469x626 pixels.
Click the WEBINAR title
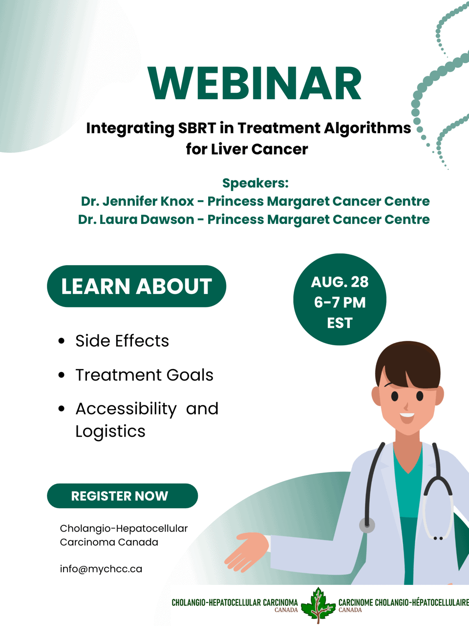pyautogui.click(x=255, y=83)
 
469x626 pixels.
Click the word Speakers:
pyautogui.click(x=256, y=183)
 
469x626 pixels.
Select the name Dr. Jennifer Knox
pyautogui.click(x=137, y=201)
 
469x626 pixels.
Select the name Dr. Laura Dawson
pyautogui.click(x=136, y=220)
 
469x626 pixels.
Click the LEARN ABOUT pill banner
pyautogui.click(x=136, y=286)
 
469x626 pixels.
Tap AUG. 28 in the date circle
pyautogui.click(x=340, y=282)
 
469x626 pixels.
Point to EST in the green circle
pyautogui.click(x=340, y=323)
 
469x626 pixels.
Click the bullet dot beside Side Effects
pyautogui.click(x=61, y=341)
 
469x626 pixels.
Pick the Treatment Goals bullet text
pyautogui.click(x=145, y=375)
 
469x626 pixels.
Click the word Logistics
pyautogui.click(x=110, y=431)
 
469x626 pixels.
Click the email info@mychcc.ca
pyautogui.click(x=101, y=569)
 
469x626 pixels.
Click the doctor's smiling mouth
pyautogui.click(x=407, y=418)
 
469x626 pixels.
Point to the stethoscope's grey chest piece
pyautogui.click(x=367, y=525)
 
